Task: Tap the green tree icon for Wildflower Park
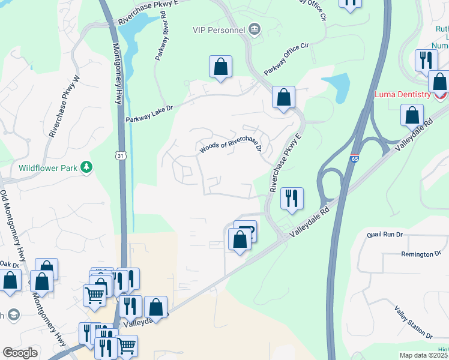(x=87, y=167)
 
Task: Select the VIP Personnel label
(x=218, y=30)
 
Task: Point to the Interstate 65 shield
(x=354, y=158)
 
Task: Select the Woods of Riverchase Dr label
(x=231, y=146)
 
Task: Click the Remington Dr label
(x=421, y=254)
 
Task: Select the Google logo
(x=20, y=353)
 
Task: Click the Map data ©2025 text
(x=424, y=355)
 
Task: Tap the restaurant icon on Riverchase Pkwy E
(x=292, y=199)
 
